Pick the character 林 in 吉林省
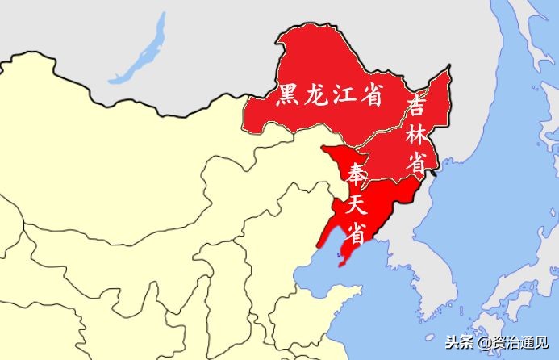(418, 133)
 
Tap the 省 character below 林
(416, 161)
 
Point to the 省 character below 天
(355, 232)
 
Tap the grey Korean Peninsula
(440, 242)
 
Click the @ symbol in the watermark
(482, 343)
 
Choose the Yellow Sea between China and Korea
(379, 315)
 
